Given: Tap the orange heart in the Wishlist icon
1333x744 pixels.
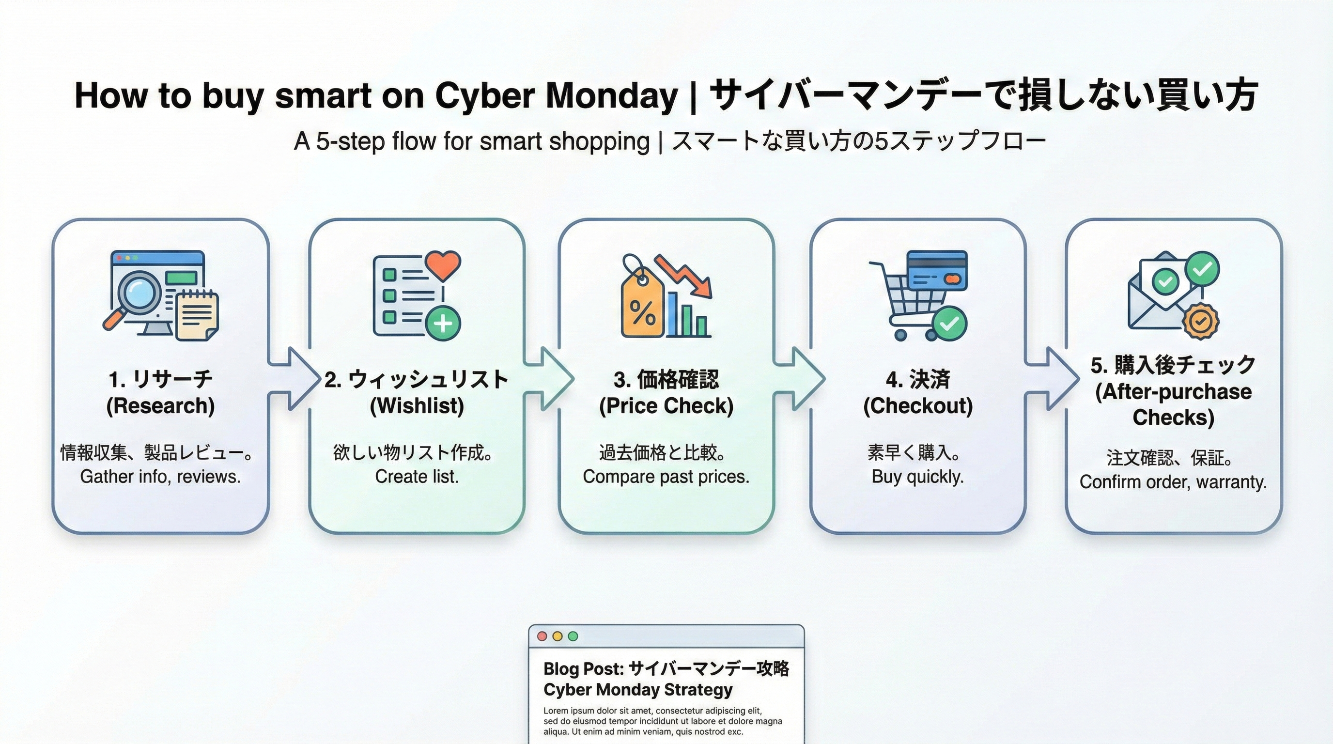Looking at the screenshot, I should pos(443,264).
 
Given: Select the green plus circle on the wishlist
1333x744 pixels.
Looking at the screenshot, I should pos(443,324).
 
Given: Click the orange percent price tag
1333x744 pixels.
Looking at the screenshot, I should pos(642,305).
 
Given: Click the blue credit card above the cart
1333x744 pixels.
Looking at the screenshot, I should pos(937,270).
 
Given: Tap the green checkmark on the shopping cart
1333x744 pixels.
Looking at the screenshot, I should pos(949,324).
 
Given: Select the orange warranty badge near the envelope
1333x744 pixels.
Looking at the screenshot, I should pos(1201,321).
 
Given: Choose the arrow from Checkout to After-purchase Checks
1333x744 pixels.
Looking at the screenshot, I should pos(1053,379).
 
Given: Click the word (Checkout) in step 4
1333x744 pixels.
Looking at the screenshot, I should pos(917,405).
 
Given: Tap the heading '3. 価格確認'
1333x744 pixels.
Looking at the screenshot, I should pos(666,379).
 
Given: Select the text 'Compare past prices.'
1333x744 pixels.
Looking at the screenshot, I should pos(666,477).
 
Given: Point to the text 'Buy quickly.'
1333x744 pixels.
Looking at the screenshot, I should pos(917,477).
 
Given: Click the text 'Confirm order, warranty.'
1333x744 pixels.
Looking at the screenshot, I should pos(1173,482).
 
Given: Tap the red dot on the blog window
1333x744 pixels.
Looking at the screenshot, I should pos(542,636).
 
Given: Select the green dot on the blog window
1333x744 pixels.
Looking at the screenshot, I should pos(573,636).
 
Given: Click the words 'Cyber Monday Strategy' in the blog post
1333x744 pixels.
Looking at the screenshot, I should pos(637,690).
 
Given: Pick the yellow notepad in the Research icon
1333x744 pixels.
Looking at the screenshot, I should pos(197,315).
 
